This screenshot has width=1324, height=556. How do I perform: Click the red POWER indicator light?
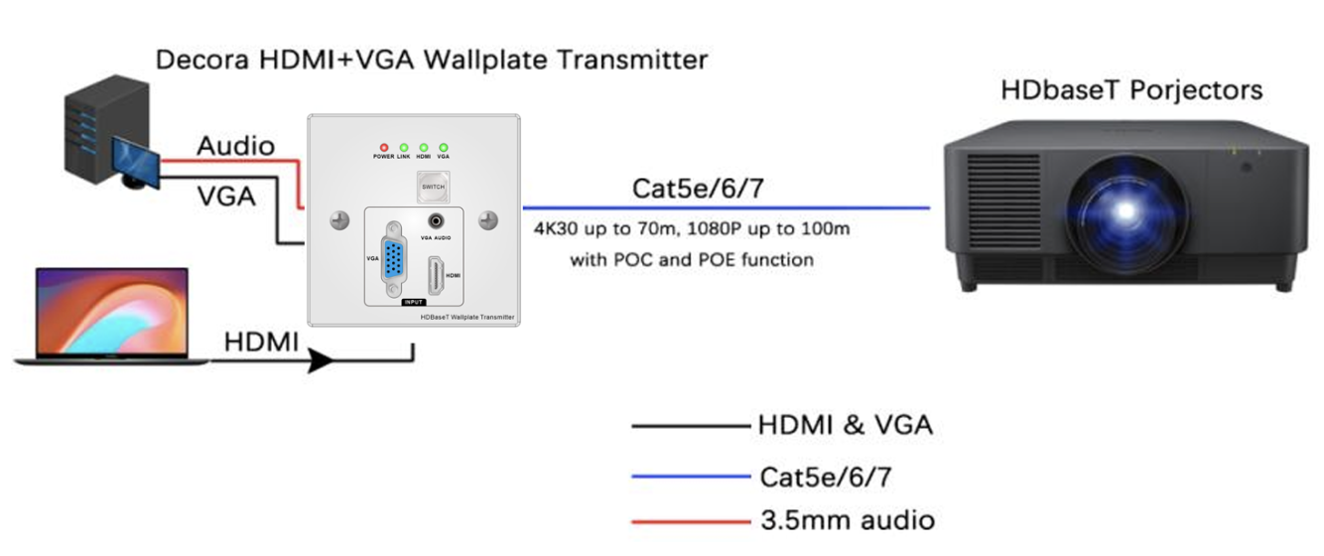(x=384, y=148)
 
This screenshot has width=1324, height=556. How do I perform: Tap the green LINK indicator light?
(x=404, y=148)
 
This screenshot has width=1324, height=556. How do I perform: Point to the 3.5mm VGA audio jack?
(x=435, y=222)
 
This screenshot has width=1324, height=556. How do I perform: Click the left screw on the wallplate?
(x=339, y=220)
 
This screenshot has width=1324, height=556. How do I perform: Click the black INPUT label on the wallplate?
(x=413, y=302)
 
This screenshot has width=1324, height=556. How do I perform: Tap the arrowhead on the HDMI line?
(x=320, y=359)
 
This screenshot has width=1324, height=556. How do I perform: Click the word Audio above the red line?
(x=235, y=146)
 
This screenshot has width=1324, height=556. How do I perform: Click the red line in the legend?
(x=690, y=520)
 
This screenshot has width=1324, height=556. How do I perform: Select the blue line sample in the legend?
(x=690, y=478)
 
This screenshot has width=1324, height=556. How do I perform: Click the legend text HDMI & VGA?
(x=845, y=426)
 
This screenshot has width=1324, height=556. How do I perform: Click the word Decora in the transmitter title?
(x=203, y=61)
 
